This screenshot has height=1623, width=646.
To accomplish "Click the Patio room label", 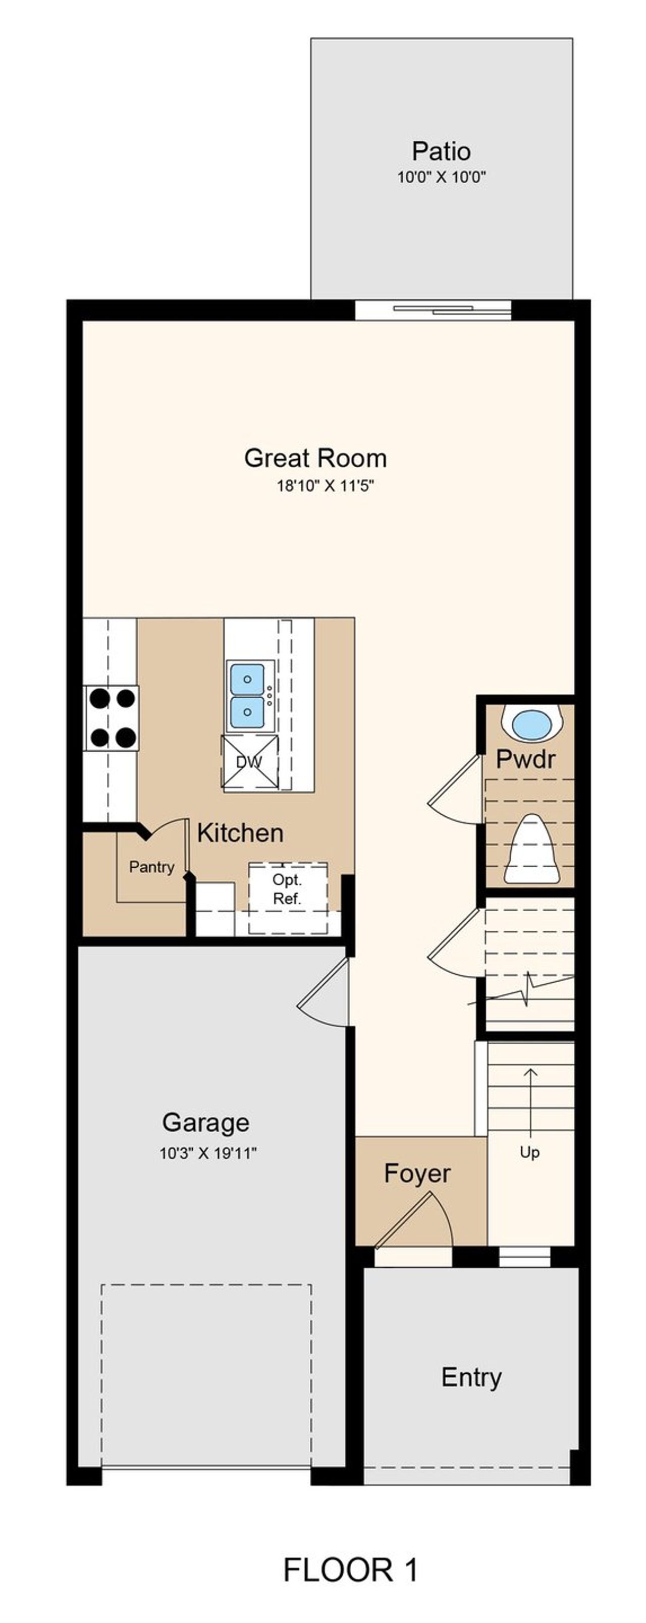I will pos(441,151).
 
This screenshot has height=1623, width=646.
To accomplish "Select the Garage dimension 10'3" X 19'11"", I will pos(208,1154).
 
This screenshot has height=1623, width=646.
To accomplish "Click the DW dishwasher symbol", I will pos(249,762).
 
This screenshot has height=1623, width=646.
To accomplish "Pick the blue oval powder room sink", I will pos(531,724).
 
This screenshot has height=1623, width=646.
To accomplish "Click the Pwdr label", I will pos(525,759).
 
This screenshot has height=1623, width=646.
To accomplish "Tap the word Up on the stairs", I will pos(529,1152).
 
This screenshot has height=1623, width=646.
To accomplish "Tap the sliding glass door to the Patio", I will pos(433,309).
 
